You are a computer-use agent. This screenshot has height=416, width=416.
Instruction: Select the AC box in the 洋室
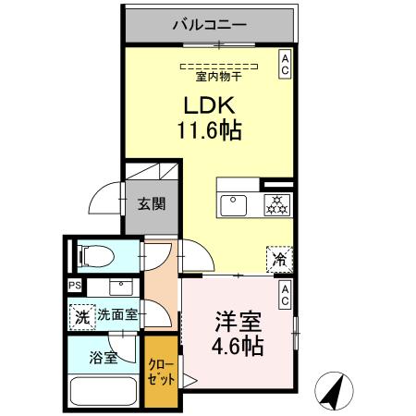coord(285,295)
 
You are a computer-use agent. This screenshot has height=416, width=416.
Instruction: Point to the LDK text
coord(210,106)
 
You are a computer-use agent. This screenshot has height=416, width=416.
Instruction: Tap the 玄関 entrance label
coord(152,204)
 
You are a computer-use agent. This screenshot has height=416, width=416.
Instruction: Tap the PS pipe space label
coord(73,287)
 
